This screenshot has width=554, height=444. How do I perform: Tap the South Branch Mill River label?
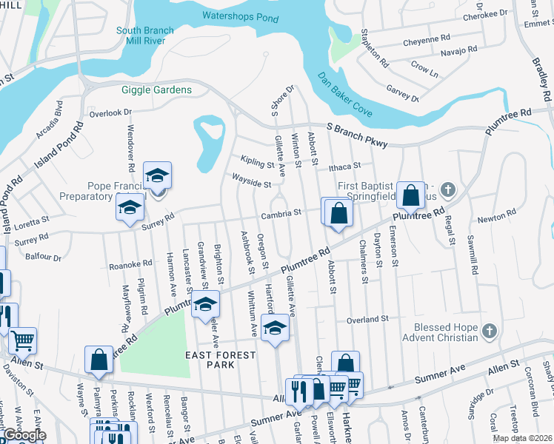click(145, 37)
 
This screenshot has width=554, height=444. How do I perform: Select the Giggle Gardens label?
click(156, 90)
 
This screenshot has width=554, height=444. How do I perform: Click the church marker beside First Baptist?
click(446, 190)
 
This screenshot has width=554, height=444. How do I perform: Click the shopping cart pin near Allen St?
click(22, 340)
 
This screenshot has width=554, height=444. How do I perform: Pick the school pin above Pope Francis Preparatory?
click(156, 176)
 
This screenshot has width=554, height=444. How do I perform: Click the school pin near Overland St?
click(275, 327)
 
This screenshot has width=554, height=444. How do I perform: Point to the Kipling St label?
click(257, 159)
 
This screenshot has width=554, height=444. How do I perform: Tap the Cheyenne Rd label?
click(427, 38)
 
